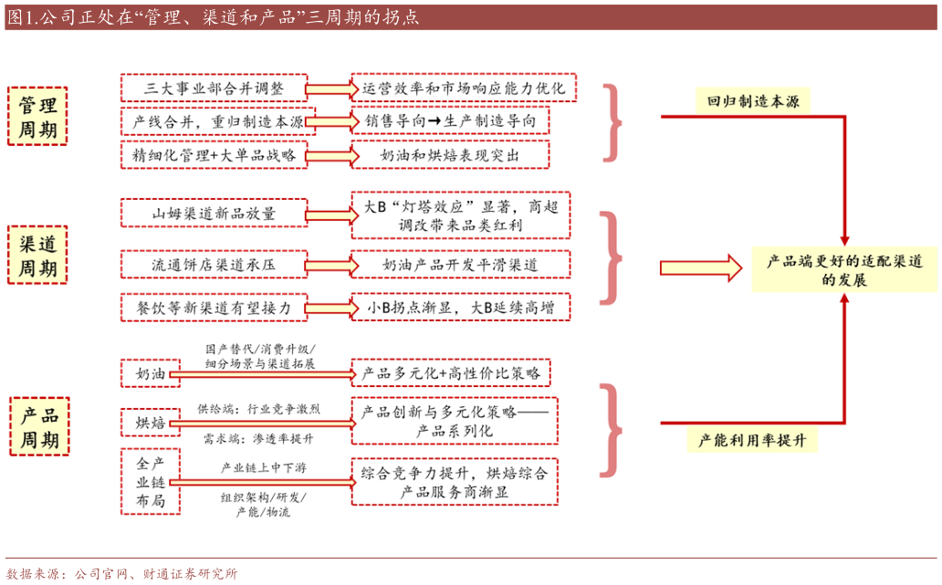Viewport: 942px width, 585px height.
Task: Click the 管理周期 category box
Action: (x=37, y=118)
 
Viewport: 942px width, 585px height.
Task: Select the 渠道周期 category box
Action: (x=37, y=256)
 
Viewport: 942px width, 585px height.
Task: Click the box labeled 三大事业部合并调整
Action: (x=214, y=89)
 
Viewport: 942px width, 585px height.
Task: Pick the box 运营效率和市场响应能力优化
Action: (x=464, y=89)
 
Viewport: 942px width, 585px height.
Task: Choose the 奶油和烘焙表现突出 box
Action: (x=451, y=155)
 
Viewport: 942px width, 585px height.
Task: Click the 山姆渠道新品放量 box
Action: (x=214, y=214)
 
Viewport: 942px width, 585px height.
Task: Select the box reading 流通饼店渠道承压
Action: (x=214, y=265)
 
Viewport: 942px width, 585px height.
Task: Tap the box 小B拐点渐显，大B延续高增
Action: (x=461, y=308)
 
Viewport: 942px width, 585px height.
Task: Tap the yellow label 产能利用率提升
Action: (x=753, y=441)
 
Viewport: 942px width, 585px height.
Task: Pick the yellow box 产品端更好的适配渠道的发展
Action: (x=843, y=270)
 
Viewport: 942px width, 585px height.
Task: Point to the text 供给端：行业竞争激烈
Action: (x=259, y=409)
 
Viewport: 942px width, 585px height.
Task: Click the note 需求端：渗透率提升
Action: (x=259, y=438)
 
